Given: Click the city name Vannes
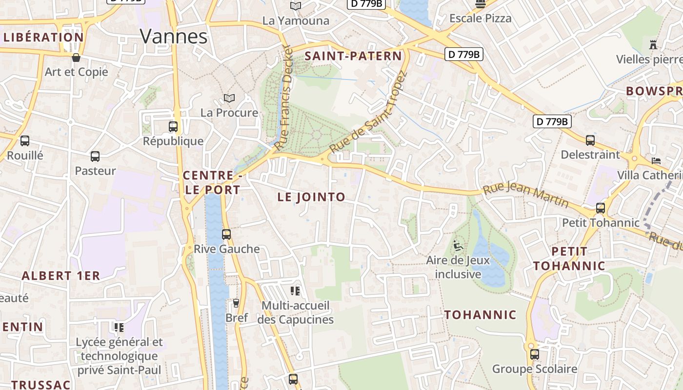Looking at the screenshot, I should pyautogui.click(x=174, y=37).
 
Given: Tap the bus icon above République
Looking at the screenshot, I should pyautogui.click(x=173, y=127).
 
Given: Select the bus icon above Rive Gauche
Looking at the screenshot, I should pyautogui.click(x=226, y=234).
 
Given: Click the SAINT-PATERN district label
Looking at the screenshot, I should pyautogui.click(x=353, y=56).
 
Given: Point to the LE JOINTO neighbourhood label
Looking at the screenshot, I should pyautogui.click(x=311, y=197).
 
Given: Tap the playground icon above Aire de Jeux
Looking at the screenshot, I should pyautogui.click(x=458, y=246).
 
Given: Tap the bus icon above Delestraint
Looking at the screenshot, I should pyautogui.click(x=590, y=140).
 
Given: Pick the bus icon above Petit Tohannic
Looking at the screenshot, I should pyautogui.click(x=601, y=208).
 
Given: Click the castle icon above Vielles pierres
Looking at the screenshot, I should pyautogui.click(x=653, y=45).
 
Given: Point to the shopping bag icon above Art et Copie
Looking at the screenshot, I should pyautogui.click(x=76, y=58).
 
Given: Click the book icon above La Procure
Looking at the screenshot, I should pyautogui.click(x=229, y=98).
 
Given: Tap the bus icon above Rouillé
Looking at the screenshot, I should pyautogui.click(x=25, y=141).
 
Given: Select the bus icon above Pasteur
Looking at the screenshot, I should pyautogui.click(x=95, y=156).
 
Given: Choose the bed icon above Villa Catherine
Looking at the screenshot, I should pyautogui.click(x=657, y=160).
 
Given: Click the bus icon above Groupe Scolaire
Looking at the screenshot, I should pyautogui.click(x=535, y=354).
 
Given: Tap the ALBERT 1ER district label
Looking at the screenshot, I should pyautogui.click(x=61, y=275).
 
